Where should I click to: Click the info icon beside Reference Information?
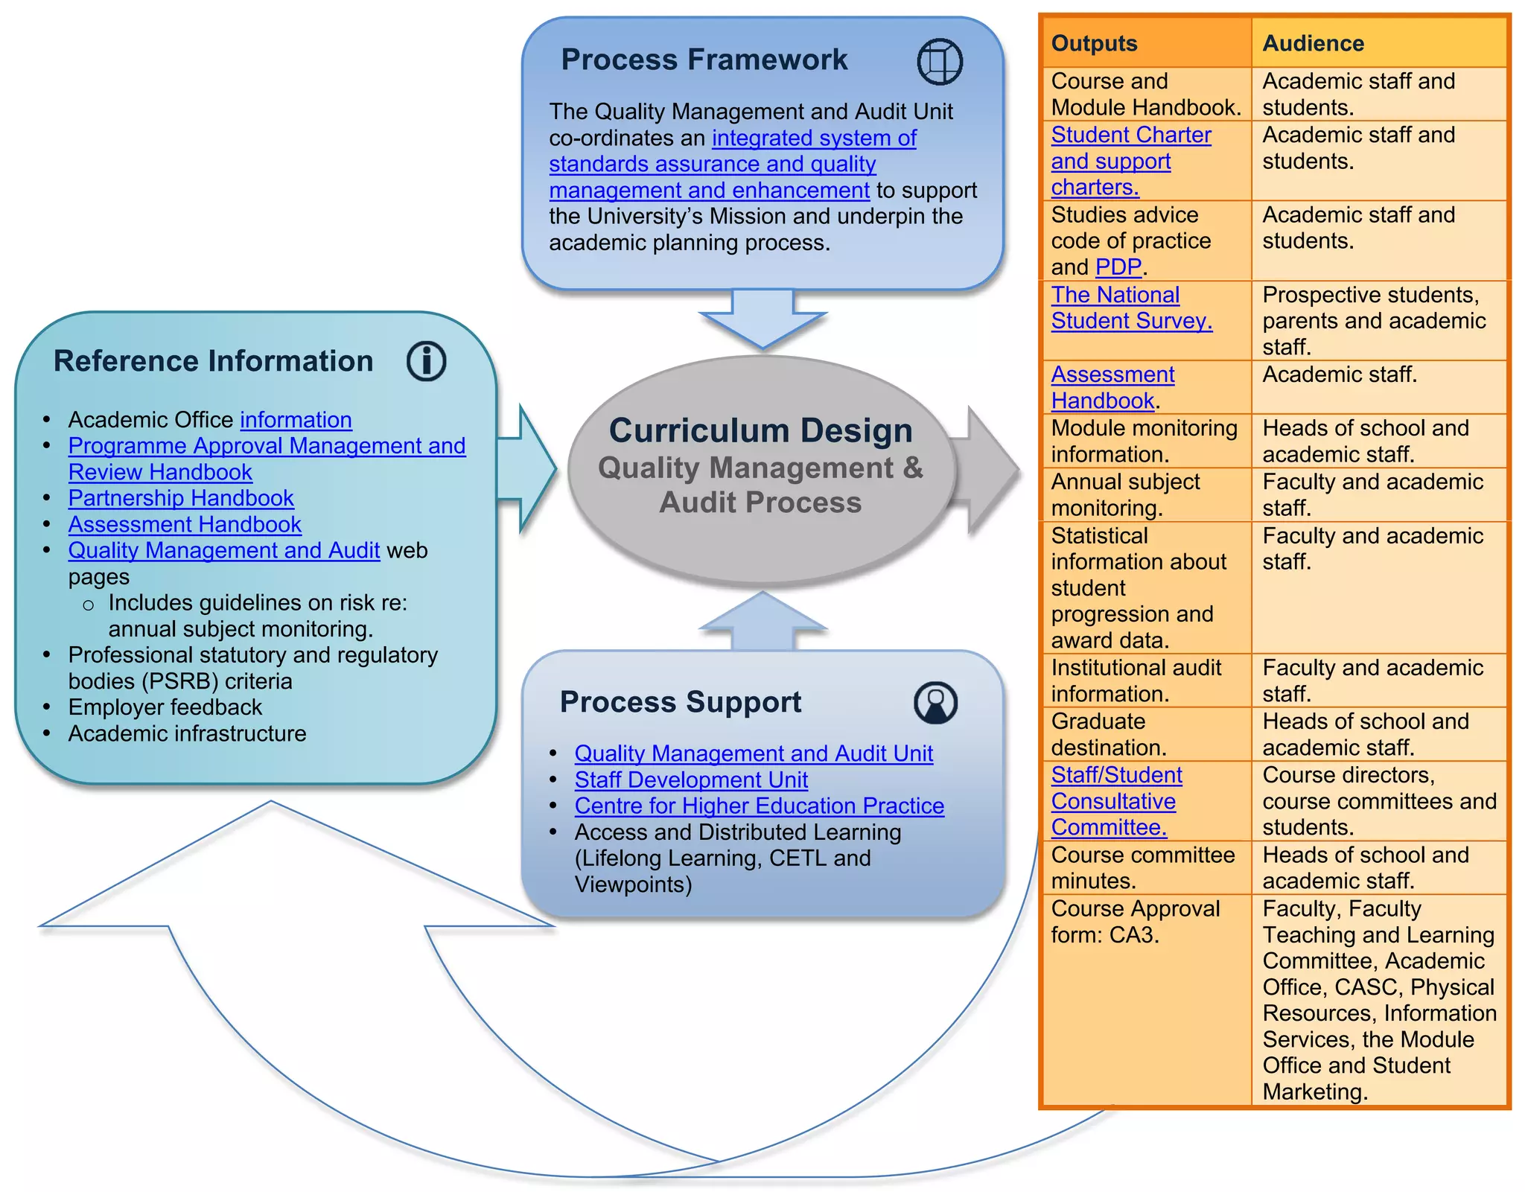pyautogui.click(x=427, y=362)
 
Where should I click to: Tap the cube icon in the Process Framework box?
pyautogui.click(x=940, y=61)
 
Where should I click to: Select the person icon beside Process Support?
pyautogui.click(x=935, y=702)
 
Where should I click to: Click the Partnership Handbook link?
pyautogui.click(x=181, y=498)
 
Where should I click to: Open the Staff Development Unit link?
pyautogui.click(x=691, y=780)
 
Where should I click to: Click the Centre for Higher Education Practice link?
pyautogui.click(x=759, y=806)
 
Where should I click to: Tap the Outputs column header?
pyautogui.click(x=1094, y=43)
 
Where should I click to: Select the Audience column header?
pyautogui.click(x=1313, y=43)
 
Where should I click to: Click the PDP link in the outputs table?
pyautogui.click(x=1118, y=267)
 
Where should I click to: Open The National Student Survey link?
pyautogui.click(x=1130, y=307)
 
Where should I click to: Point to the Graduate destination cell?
pyautogui.click(x=1108, y=734)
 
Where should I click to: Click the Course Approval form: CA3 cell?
pyautogui.click(x=1134, y=922)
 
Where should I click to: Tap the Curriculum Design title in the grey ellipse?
pyautogui.click(x=760, y=430)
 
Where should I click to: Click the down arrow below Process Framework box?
pyautogui.click(x=762, y=319)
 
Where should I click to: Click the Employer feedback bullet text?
pyautogui.click(x=165, y=707)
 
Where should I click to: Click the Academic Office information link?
pyautogui.click(x=296, y=420)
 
